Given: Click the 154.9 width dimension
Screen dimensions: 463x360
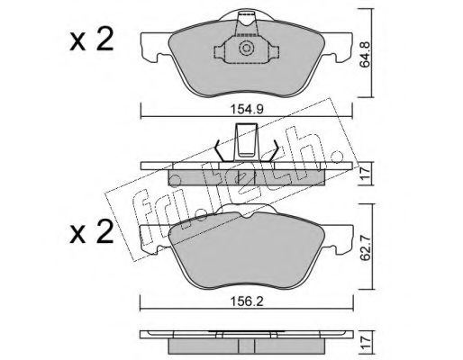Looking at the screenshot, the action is click(247, 110).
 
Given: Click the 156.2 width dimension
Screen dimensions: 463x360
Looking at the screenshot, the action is click(247, 301).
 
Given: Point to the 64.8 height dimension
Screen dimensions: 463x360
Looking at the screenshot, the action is click(366, 59).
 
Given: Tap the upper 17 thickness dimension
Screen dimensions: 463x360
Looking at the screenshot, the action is click(366, 174).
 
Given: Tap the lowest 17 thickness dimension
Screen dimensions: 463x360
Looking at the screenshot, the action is click(366, 342).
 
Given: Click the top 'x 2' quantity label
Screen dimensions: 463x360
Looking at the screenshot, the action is click(92, 40).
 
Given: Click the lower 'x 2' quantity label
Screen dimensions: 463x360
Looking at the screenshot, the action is click(92, 231).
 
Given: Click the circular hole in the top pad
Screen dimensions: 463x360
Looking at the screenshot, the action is click(246, 49).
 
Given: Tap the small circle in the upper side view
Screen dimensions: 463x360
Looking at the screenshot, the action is click(175, 181).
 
